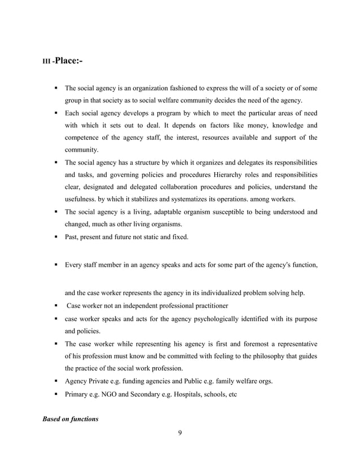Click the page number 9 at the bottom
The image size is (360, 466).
[179, 433]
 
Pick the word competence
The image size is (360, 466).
[86, 138]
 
